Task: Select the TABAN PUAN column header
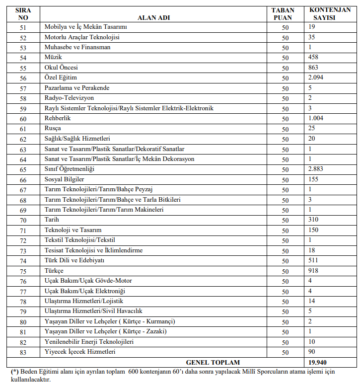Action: (x=285, y=13)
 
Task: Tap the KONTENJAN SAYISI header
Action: (x=329, y=13)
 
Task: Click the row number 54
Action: (x=23, y=58)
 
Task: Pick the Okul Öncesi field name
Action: (x=61, y=68)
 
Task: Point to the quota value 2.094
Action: (x=316, y=78)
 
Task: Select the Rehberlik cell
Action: (x=59, y=118)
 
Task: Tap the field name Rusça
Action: (x=54, y=128)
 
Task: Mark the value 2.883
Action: (x=316, y=168)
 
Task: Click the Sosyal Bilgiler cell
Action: (x=65, y=179)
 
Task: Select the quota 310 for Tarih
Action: (x=313, y=219)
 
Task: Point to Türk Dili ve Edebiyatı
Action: (x=74, y=260)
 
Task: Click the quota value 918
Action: (x=313, y=270)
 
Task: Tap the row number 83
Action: (x=23, y=352)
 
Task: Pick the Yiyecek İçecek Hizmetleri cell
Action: (x=80, y=352)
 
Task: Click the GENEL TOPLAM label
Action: (x=213, y=362)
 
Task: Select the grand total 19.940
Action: (x=317, y=362)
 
